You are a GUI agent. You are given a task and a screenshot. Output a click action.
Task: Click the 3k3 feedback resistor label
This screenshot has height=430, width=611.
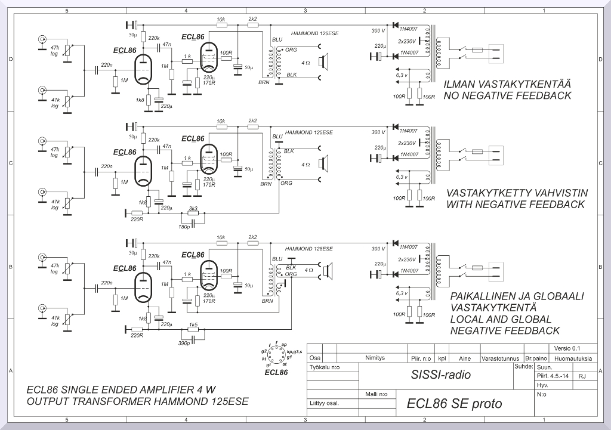pyautogui.click(x=193, y=208)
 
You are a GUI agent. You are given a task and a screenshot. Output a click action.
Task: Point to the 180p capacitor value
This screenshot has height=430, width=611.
pyautogui.click(x=183, y=227)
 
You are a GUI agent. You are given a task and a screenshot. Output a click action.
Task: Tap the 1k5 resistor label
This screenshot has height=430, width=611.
pyautogui.click(x=193, y=325)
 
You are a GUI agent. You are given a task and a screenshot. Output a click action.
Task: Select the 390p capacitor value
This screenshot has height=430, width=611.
pyautogui.click(x=183, y=344)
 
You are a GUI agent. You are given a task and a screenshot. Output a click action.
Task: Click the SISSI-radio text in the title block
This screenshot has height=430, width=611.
pyautogui.click(x=440, y=375)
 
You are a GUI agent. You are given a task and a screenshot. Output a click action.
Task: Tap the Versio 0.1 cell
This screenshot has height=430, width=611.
pyautogui.click(x=567, y=348)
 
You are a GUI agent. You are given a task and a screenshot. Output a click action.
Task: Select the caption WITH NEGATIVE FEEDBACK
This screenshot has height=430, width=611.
pyautogui.click(x=515, y=205)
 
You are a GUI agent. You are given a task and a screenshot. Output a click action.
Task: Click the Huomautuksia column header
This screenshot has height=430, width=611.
pyautogui.click(x=573, y=358)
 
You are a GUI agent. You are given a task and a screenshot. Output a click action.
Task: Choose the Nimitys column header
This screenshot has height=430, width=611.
pyautogui.click(x=377, y=358)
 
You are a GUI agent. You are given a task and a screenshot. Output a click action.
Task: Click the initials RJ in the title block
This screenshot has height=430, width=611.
pyautogui.click(x=582, y=376)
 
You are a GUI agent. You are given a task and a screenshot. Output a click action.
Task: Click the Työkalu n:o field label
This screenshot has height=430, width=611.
pyautogui.click(x=325, y=368)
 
